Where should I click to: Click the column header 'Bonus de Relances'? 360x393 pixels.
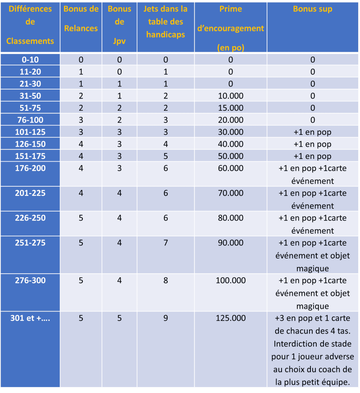(x=81, y=18)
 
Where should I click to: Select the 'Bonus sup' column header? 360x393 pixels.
(x=313, y=9)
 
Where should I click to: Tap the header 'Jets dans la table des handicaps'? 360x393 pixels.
(x=165, y=22)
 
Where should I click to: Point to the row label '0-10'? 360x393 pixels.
(x=30, y=59)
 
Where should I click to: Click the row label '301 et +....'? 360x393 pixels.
(x=30, y=318)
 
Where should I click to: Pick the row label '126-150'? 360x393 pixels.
(x=30, y=144)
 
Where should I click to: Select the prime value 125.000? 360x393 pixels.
(x=231, y=318)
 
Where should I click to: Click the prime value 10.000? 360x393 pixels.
(x=231, y=95)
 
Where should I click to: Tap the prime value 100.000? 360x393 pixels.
(x=231, y=280)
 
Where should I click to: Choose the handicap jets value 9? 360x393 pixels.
(x=165, y=318)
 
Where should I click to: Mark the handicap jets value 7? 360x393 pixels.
(x=165, y=243)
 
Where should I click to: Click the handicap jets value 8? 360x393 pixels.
(x=165, y=280)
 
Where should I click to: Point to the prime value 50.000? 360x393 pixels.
(x=231, y=156)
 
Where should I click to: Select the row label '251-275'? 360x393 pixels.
(x=30, y=243)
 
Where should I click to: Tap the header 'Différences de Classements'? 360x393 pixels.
(x=30, y=25)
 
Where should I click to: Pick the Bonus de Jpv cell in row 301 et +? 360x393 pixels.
(x=119, y=318)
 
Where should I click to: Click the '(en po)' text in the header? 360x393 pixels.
(x=231, y=47)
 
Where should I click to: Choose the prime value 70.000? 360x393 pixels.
(x=231, y=193)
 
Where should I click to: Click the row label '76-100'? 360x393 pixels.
(x=30, y=120)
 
